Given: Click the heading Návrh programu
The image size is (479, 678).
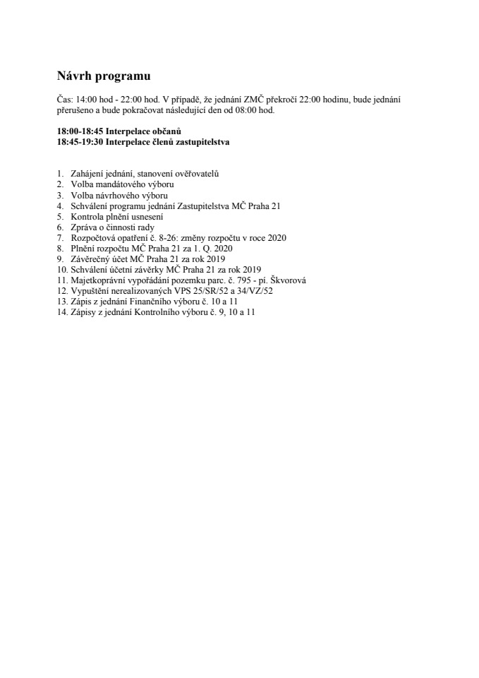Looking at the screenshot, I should pyautogui.click(x=104, y=76).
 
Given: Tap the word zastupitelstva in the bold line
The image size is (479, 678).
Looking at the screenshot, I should pyautogui.click(x=202, y=141).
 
